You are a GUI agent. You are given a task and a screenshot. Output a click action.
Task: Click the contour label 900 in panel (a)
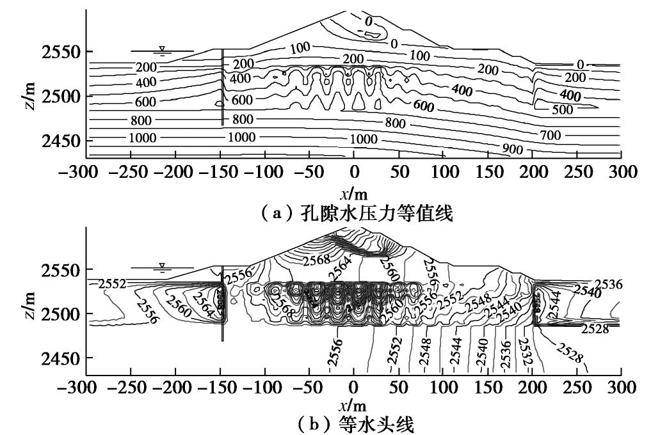pyautogui.click(x=512, y=150)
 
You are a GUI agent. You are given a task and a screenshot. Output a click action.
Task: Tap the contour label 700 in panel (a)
pyautogui.click(x=550, y=135)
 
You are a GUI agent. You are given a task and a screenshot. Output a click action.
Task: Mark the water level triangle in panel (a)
pyautogui.click(x=162, y=49)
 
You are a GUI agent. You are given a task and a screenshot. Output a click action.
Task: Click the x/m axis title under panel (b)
pyautogui.click(x=353, y=405)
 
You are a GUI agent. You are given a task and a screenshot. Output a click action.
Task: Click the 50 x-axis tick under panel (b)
pyautogui.click(x=399, y=388)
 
